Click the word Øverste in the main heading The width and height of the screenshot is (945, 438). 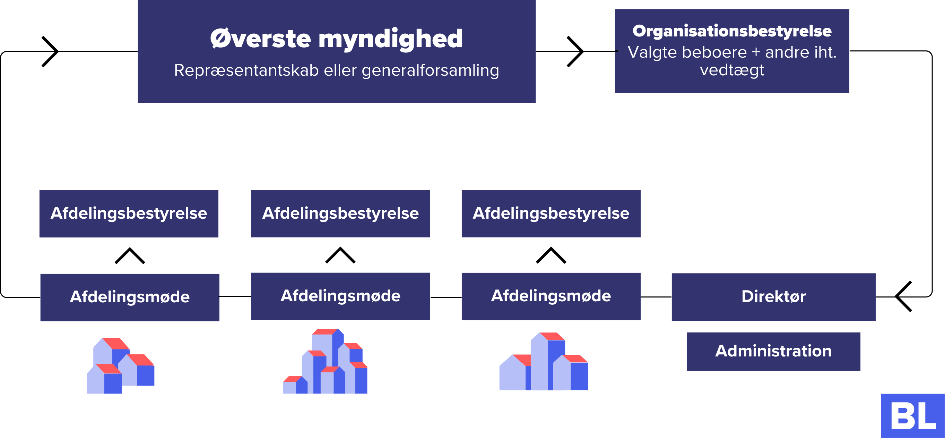coord(260,39)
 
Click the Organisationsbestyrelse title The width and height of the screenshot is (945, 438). coord(732,31)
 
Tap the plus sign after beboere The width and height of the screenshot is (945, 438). coord(756,52)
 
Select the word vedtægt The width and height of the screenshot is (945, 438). coord(732,70)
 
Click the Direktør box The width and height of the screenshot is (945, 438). coord(773,297)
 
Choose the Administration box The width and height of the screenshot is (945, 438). coord(773,351)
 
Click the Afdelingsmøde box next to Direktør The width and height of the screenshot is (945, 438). coord(550,296)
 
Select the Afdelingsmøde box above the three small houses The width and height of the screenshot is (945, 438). coord(130,297)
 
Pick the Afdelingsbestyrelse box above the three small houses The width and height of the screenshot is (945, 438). coord(129,214)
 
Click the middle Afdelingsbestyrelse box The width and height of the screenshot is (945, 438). coord(340,214)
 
